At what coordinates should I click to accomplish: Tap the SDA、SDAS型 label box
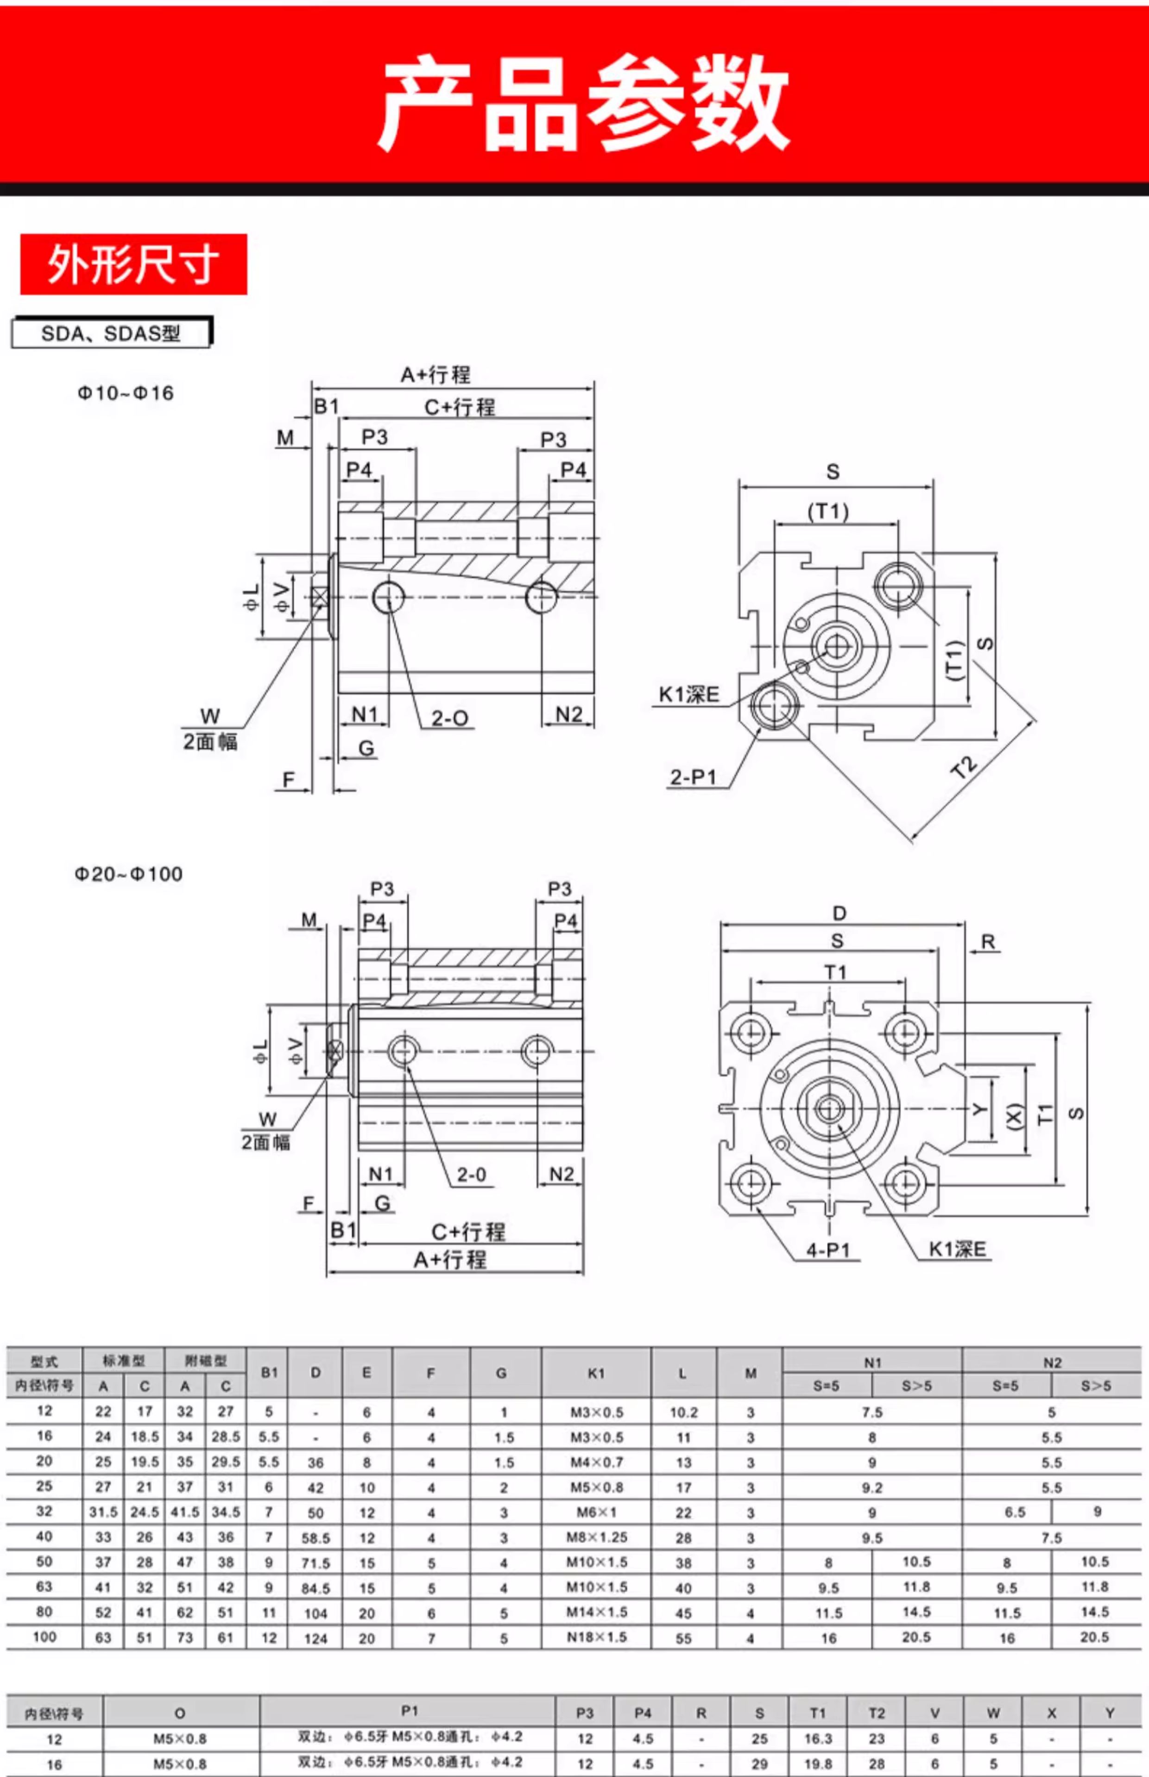[x=112, y=333]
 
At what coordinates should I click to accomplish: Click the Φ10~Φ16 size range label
[x=126, y=393]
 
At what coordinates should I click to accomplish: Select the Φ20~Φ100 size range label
[x=128, y=874]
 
